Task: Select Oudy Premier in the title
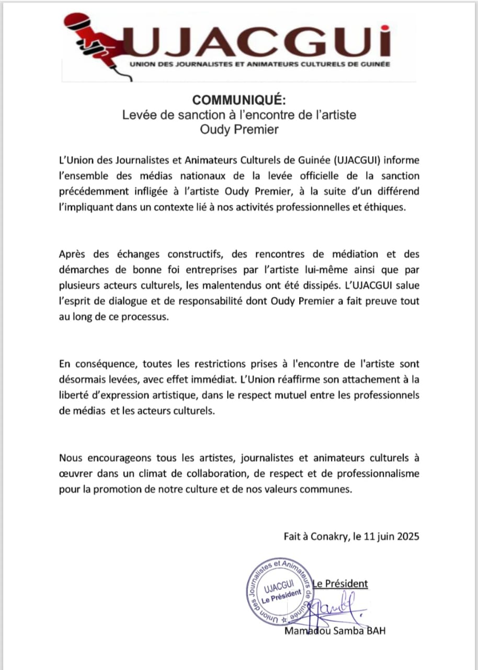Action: click(x=239, y=129)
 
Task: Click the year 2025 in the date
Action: click(x=406, y=537)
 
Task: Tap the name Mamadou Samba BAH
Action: click(x=334, y=631)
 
